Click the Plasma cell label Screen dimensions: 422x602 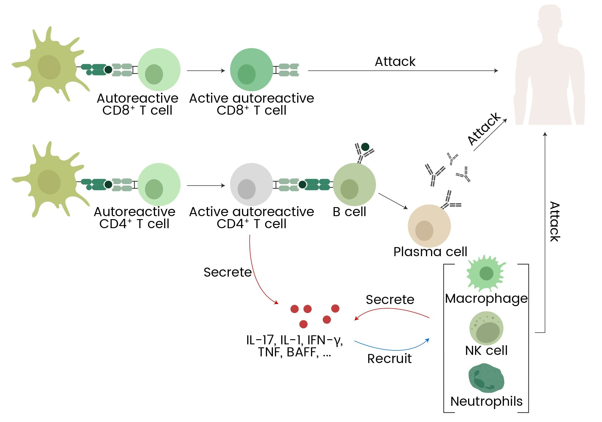click(430, 252)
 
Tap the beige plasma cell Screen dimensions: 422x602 click(429, 226)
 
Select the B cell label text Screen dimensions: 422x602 click(349, 212)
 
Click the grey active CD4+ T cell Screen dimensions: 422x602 click(251, 184)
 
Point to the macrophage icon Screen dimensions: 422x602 click(486, 273)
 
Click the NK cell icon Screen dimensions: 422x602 click(486, 328)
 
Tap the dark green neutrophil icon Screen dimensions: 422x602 click(486, 378)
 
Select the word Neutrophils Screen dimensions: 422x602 click(486, 401)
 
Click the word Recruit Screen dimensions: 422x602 click(389, 358)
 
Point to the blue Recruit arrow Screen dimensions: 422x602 click(391, 349)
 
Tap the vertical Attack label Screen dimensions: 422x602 click(555, 222)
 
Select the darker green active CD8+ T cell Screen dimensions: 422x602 click(251, 70)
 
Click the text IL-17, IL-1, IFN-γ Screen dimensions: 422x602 click(294, 340)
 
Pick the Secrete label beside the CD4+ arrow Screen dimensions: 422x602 click(227, 272)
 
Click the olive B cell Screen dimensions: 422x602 click(354, 184)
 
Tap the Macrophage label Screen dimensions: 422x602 click(486, 298)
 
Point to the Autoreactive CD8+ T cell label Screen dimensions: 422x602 click(138, 104)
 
